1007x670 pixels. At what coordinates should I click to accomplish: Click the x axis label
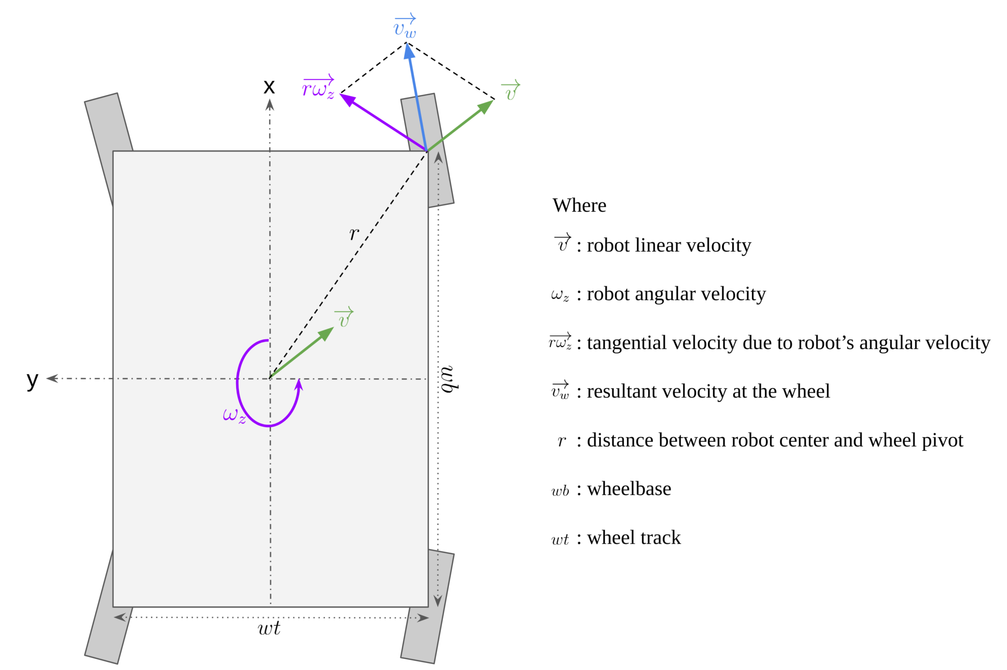click(x=269, y=87)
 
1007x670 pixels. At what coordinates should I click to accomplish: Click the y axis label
click(x=32, y=379)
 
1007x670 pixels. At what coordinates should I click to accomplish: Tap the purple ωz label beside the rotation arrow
click(x=234, y=415)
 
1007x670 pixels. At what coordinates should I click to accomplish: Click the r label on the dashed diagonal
click(x=354, y=234)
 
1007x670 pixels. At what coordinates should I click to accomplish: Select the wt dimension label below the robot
click(x=269, y=628)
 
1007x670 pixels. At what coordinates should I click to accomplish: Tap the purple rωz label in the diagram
click(x=318, y=88)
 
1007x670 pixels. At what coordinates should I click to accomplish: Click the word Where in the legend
click(x=579, y=205)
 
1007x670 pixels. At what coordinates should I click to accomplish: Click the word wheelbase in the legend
click(x=629, y=489)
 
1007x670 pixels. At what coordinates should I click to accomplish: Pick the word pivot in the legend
click(x=942, y=440)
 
